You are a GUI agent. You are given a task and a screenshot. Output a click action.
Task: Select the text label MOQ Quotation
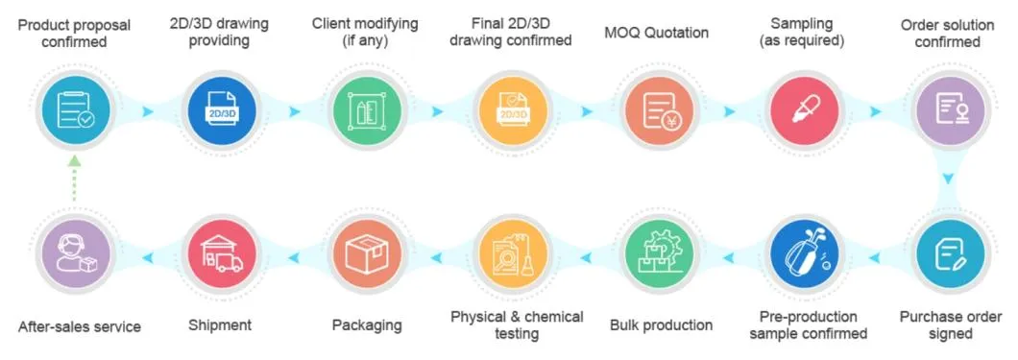tap(656, 33)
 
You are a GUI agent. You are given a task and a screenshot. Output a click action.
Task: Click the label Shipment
tap(220, 325)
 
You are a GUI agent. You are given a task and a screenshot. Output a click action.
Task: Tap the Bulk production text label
tap(661, 325)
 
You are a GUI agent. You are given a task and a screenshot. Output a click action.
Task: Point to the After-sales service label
tap(80, 326)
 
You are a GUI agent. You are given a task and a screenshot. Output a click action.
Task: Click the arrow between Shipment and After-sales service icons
tap(148, 255)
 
